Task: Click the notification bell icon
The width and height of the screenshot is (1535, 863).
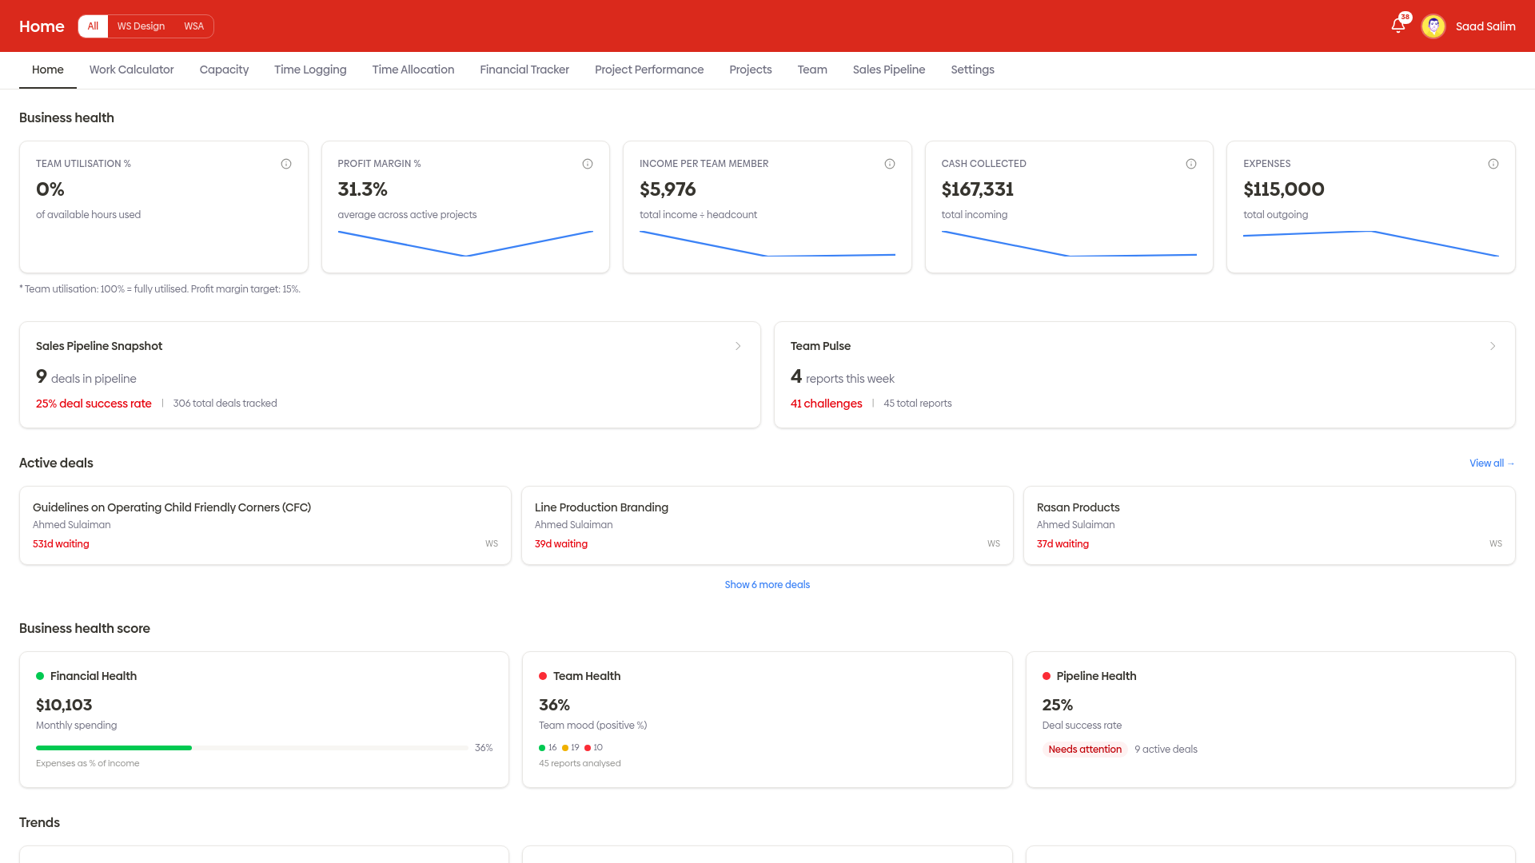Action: [x=1397, y=26]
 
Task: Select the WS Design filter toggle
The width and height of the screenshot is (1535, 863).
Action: [x=141, y=26]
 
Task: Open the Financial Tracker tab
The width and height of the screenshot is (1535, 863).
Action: [x=524, y=70]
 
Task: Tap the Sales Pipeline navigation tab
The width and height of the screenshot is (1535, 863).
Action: [x=888, y=70]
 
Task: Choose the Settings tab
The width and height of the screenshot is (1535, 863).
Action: [x=972, y=70]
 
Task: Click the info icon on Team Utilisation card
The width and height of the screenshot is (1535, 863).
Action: [x=286, y=164]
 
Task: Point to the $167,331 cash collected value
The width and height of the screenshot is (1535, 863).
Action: [x=977, y=189]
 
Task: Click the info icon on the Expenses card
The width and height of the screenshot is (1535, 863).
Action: [x=1493, y=164]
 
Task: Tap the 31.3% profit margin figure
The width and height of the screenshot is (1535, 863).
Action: [x=362, y=189]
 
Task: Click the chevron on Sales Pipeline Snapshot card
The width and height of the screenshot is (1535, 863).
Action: [x=738, y=346]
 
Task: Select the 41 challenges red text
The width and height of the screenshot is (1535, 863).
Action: [x=826, y=404]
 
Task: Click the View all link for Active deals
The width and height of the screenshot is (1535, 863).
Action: [x=1491, y=463]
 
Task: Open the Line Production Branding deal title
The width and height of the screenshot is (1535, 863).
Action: [x=601, y=507]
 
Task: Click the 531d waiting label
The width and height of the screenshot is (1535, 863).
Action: [x=61, y=544]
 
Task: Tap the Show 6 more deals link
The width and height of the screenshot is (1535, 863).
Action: [x=767, y=585]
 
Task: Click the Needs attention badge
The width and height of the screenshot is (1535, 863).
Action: [x=1084, y=750]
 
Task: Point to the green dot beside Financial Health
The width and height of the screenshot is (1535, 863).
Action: [x=40, y=676]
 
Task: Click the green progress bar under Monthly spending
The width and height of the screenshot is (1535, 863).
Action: [x=114, y=748]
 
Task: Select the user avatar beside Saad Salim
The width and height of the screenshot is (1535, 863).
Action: [x=1433, y=26]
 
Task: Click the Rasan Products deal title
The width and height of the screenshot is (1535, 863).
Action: [x=1078, y=507]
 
